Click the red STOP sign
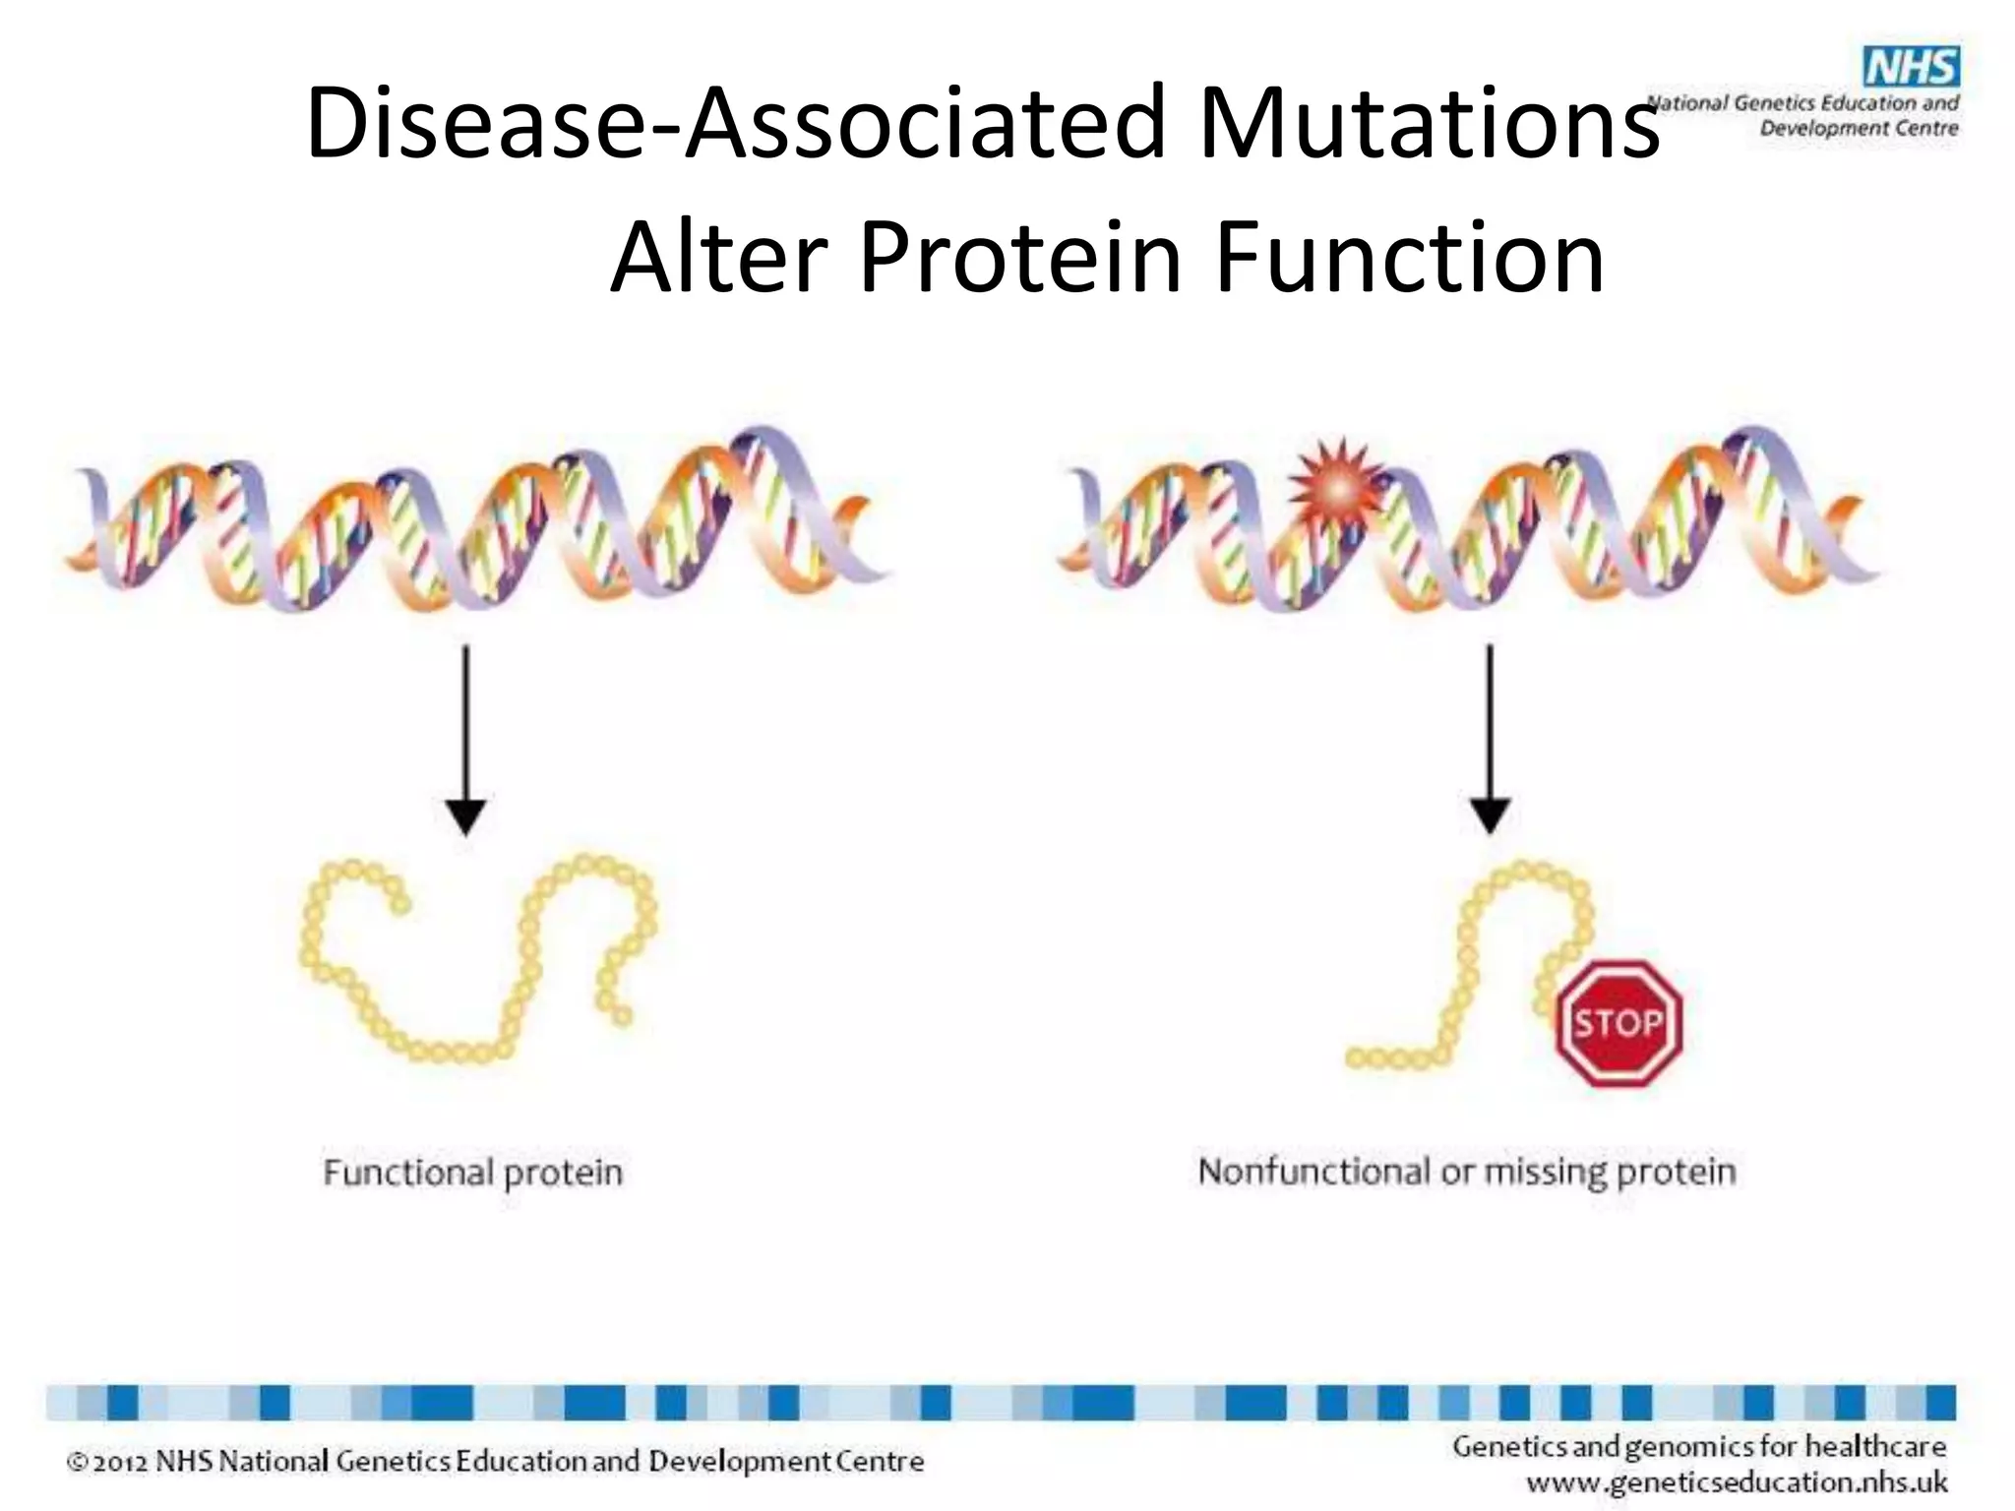[1618, 1023]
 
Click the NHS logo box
[1911, 67]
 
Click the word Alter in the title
[717, 258]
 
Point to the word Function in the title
[1409, 258]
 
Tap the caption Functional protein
[473, 1173]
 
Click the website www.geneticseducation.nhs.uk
[1737, 1481]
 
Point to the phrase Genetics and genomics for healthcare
[1699, 1446]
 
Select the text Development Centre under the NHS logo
[1859, 128]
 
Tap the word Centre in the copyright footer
[880, 1462]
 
